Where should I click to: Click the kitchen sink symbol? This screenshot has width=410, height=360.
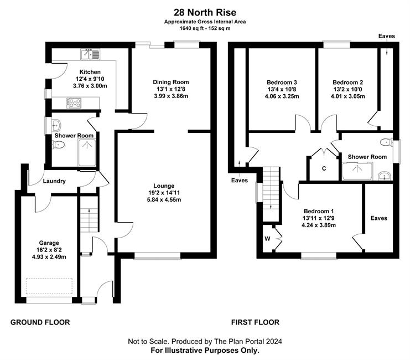point(90,54)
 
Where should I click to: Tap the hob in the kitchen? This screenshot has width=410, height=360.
point(74,103)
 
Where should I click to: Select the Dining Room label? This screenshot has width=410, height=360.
point(171,82)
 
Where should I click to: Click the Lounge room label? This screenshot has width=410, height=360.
point(164,186)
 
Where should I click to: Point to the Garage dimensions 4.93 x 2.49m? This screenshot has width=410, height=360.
point(49,257)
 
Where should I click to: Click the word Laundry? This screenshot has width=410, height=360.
point(54,181)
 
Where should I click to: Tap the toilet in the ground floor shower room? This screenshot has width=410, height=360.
point(58,145)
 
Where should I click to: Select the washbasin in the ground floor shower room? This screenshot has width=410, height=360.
point(56,125)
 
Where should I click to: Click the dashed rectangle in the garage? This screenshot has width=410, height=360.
point(49,286)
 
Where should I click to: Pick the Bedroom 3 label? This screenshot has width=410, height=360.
point(282,82)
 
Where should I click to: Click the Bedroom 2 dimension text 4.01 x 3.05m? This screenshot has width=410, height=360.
point(348,96)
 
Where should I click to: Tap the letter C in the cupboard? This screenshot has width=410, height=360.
point(324,168)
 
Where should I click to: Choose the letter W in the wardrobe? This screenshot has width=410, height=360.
point(267,239)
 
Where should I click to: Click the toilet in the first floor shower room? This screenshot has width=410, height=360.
point(386,142)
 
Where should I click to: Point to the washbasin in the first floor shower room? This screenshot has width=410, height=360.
point(385,176)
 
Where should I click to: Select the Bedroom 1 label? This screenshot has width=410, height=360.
point(319,211)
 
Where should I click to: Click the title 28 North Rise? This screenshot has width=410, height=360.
point(205,12)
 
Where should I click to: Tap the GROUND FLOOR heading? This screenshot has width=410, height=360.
point(40,322)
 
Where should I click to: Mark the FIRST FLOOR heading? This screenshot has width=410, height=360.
point(255,322)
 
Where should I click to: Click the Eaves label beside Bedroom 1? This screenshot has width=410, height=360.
point(379,218)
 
